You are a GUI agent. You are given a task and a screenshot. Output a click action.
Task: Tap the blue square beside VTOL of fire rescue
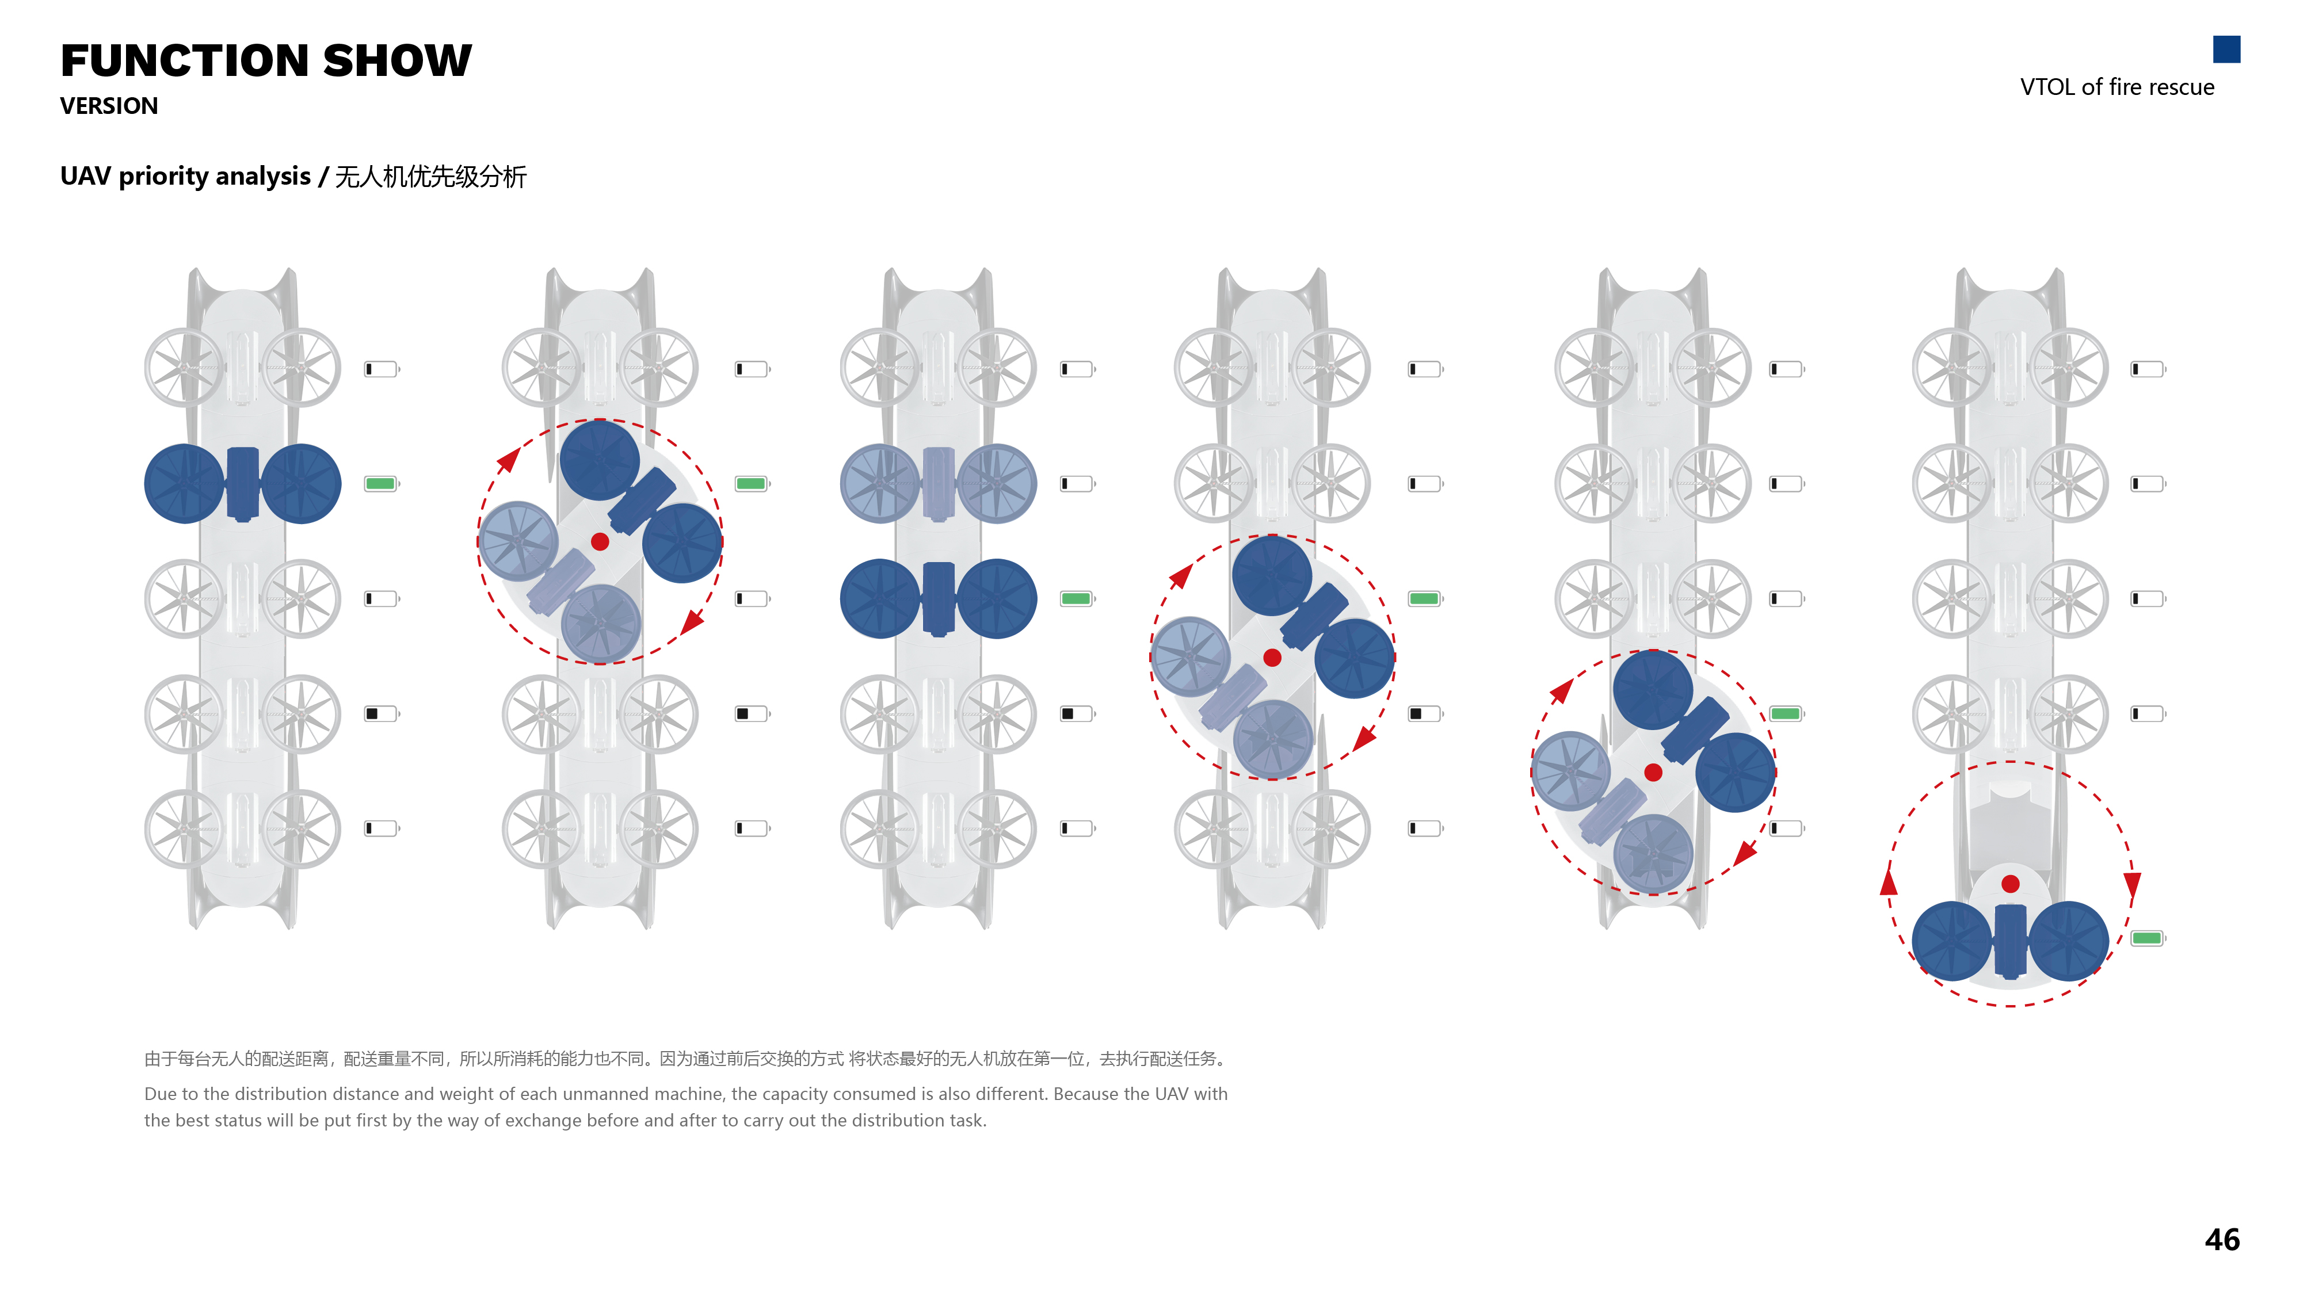2226,49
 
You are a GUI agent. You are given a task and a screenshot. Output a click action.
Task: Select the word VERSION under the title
109,106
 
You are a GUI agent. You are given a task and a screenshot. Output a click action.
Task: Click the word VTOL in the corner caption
2046,87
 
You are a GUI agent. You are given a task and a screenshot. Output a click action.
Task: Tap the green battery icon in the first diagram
380,484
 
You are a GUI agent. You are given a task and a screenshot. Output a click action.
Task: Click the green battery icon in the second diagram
751,484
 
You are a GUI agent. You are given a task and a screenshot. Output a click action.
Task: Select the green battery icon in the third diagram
1076,598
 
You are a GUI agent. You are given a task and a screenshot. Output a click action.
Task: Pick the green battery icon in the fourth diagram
1424,598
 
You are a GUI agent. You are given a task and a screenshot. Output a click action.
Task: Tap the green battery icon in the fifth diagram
1785,713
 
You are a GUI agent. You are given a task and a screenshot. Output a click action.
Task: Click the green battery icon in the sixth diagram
2147,938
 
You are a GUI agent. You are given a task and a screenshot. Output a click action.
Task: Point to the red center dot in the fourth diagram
1272,658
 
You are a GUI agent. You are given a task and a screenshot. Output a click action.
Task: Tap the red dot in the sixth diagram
2011,884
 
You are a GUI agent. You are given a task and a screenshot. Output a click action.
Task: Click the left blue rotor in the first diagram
185,484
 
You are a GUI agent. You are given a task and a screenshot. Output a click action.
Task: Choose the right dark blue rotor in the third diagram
997,598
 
